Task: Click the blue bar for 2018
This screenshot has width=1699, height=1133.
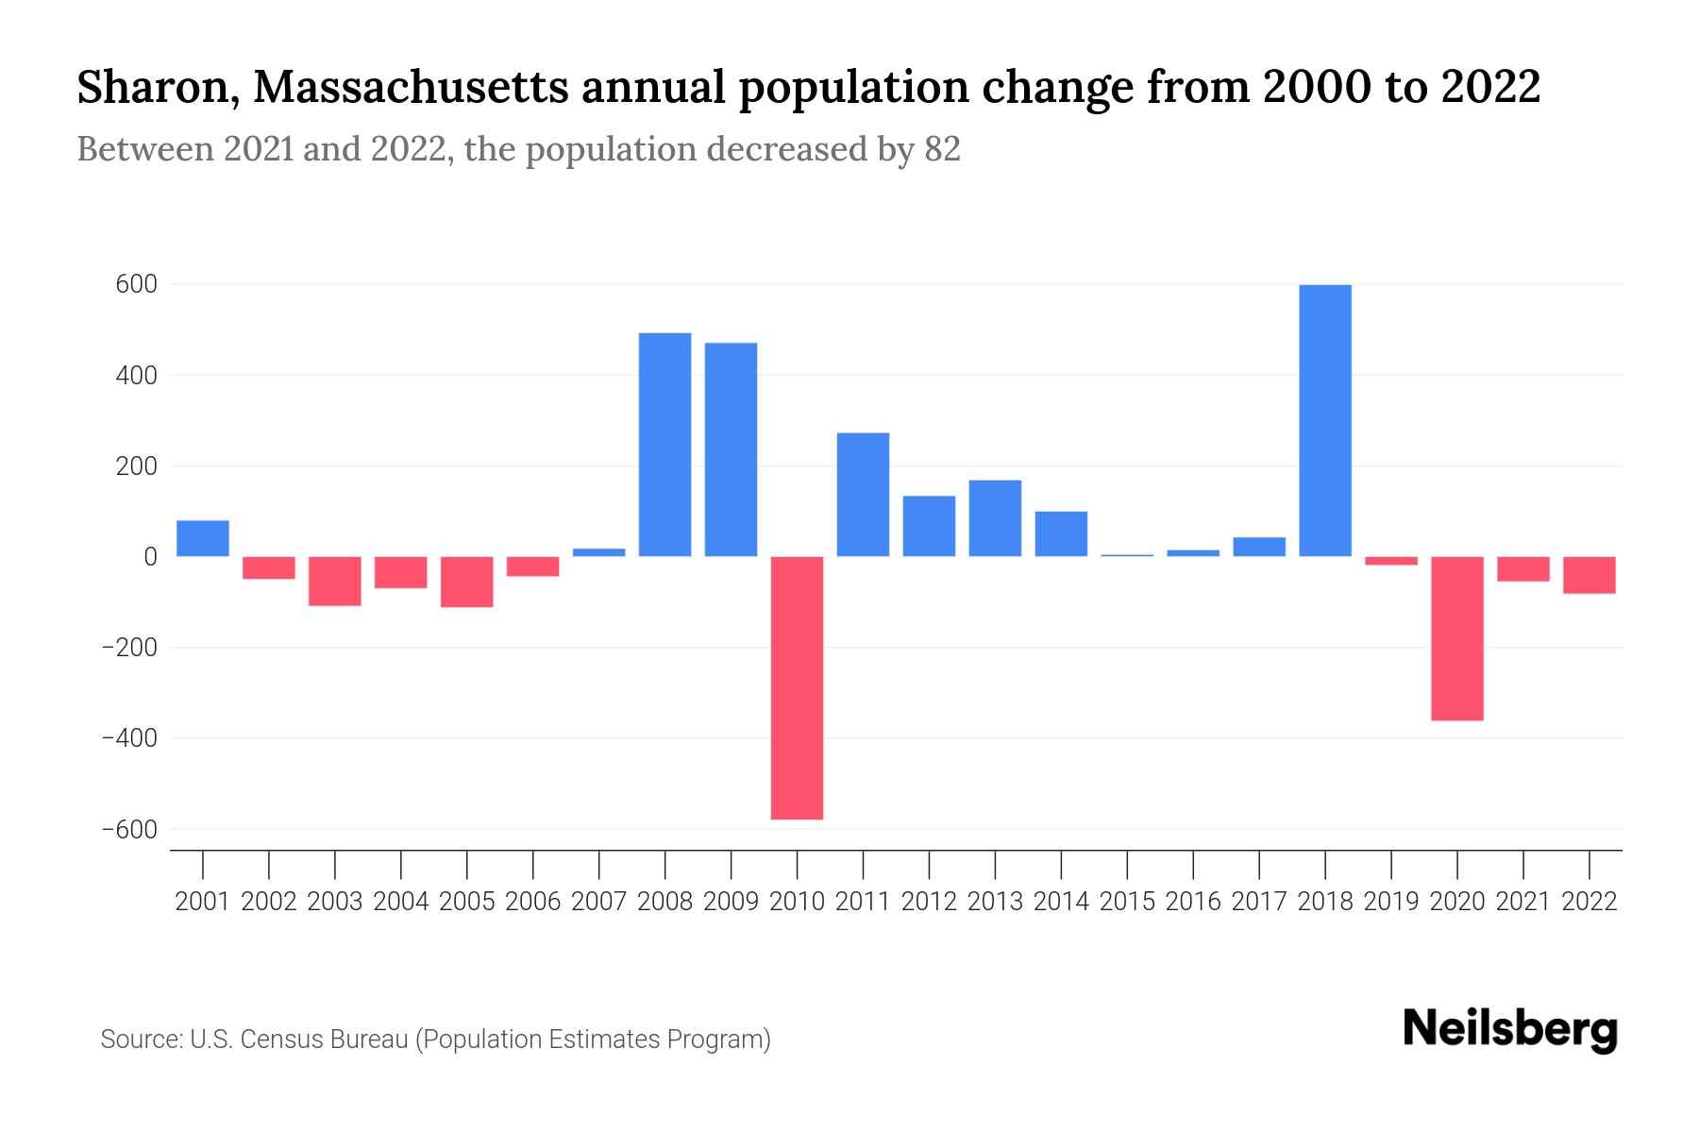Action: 1325,420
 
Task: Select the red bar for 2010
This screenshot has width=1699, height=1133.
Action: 797,687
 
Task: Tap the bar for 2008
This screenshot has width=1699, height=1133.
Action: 664,445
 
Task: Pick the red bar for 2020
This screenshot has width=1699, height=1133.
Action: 1456,638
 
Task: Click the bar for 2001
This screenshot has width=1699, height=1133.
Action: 203,538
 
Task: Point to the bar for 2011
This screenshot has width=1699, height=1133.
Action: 863,495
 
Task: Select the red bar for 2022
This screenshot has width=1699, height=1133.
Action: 1589,575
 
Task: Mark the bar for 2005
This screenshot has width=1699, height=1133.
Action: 466,582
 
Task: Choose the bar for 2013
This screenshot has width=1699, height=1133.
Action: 995,518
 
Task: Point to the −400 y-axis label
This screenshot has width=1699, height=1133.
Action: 128,738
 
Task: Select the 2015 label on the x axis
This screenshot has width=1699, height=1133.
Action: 1127,902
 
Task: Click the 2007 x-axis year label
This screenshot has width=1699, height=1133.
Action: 598,902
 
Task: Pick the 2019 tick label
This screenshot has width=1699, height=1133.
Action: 1391,902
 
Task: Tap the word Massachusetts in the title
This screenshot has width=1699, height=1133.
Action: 412,88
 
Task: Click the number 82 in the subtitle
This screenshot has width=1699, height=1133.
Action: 942,149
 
